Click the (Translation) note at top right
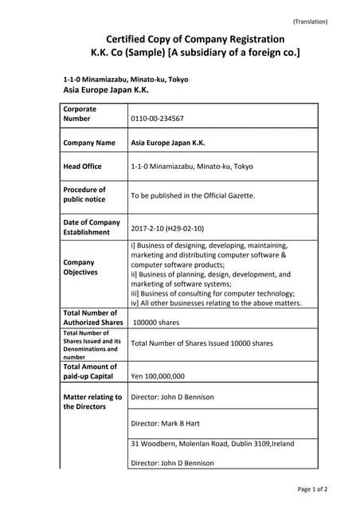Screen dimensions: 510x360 pyautogui.click(x=310, y=22)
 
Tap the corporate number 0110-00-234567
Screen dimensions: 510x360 pyautogui.click(x=157, y=119)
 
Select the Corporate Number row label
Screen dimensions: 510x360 pyautogui.click(x=80, y=113)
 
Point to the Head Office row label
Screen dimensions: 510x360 pyautogui.click(x=82, y=167)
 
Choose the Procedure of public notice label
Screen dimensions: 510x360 pyautogui.click(x=84, y=194)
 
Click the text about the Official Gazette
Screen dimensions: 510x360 pyautogui.click(x=193, y=195)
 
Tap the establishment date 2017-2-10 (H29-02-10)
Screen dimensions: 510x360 pyautogui.click(x=167, y=227)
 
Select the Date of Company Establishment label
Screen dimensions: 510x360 pyautogui.click(x=92, y=227)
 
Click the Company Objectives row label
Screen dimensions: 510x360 pyautogui.click(x=80, y=267)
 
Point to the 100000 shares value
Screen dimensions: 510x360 pyautogui.click(x=156, y=323)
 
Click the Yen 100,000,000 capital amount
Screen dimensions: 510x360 pyautogui.click(x=158, y=376)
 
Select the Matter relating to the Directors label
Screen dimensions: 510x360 pyautogui.click(x=92, y=402)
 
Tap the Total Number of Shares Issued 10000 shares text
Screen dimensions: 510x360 pyautogui.click(x=202, y=343)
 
